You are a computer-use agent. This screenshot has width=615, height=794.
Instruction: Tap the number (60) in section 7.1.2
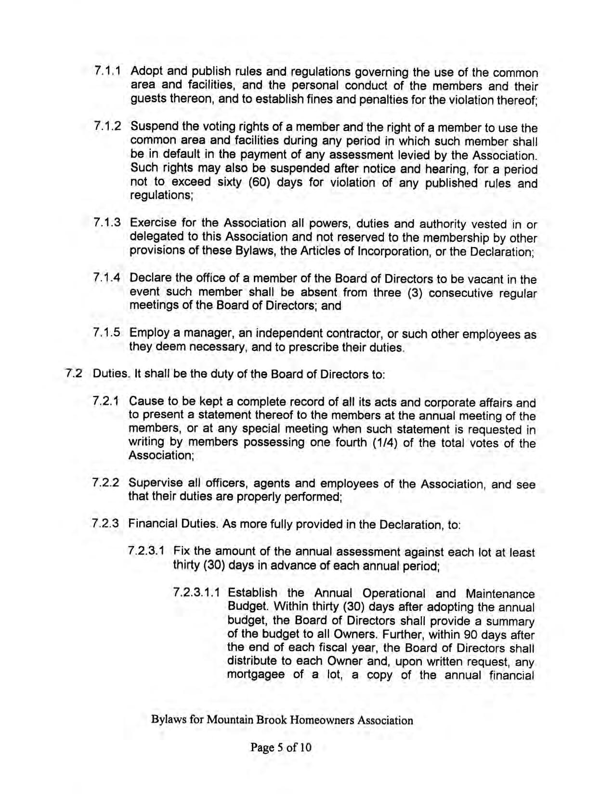pos(261,183)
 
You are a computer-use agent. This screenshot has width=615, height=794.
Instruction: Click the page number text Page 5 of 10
pos(281,747)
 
